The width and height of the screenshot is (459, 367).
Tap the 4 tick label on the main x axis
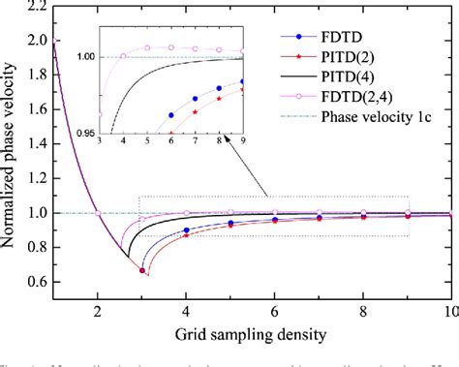pos(186,312)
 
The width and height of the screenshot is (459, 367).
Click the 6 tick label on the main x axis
pos(275,312)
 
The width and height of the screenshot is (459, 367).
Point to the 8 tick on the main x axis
pos(364,312)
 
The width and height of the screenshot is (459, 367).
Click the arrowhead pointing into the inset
pos(222,137)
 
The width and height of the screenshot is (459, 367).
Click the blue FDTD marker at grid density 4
pos(186,230)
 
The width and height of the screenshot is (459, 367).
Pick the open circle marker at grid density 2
pos(97,213)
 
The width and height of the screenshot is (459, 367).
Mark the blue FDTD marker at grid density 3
pos(141,270)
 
